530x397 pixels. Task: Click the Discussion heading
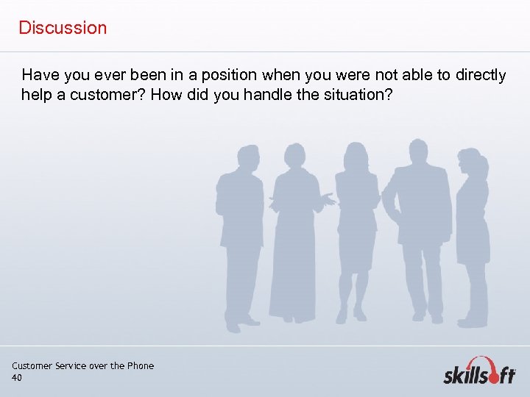pos(63,28)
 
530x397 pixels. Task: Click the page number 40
pos(17,378)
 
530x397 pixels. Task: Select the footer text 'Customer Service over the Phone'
pos(83,366)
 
